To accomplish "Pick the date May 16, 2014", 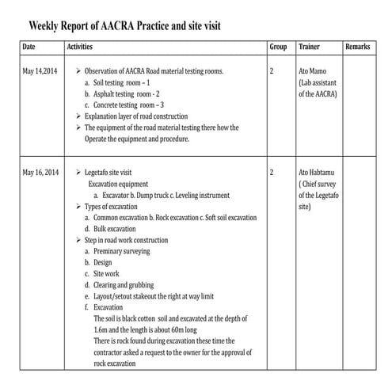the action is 41,172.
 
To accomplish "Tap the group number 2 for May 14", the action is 272,71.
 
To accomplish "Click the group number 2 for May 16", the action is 272,172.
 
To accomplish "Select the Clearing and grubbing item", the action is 124,284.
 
